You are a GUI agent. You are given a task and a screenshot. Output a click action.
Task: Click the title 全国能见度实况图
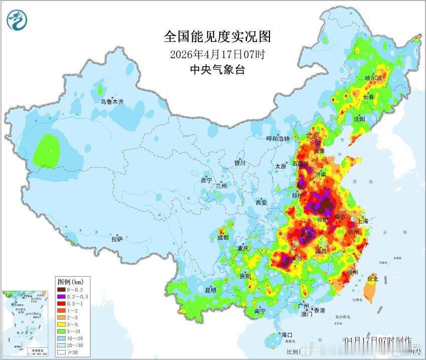(217, 37)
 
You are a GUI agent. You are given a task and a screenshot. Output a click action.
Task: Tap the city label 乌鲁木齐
(111, 101)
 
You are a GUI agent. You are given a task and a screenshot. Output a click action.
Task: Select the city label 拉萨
(116, 240)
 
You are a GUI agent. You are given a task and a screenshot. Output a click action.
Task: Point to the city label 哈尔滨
(373, 78)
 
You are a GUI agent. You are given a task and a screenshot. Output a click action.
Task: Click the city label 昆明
(210, 290)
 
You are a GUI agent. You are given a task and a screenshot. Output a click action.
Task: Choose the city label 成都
(223, 237)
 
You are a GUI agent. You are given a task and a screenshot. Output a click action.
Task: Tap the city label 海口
(287, 334)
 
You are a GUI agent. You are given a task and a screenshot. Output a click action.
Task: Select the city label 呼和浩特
(277, 138)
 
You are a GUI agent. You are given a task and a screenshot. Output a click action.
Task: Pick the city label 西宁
(206, 180)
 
